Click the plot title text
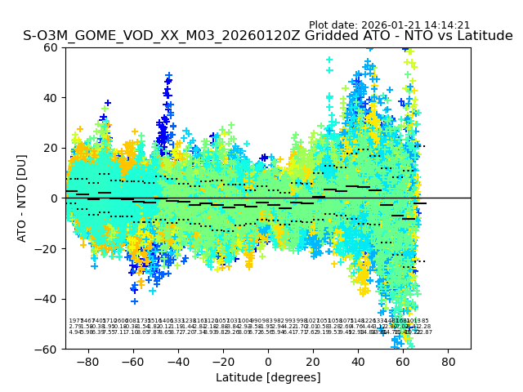coord(268,36)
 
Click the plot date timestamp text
coord(389,25)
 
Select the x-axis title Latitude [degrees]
coord(268,377)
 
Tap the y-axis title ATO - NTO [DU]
coord(22,198)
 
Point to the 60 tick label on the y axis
coord(50,47)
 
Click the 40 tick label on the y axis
coord(50,98)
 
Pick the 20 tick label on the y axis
coord(50,148)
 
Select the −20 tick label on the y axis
coord(47,248)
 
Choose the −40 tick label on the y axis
coord(47,299)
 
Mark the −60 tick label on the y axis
coord(47,349)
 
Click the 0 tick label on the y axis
coord(53,198)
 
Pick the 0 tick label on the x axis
coord(268,361)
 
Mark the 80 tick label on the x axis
coord(449,361)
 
